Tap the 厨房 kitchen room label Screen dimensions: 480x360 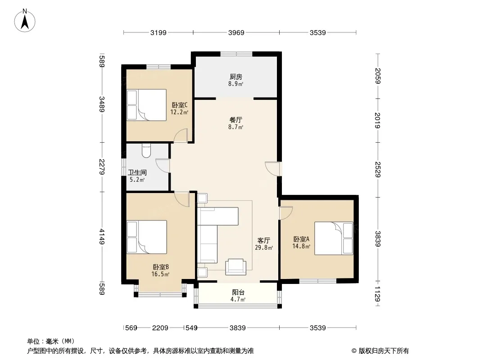point(235,77)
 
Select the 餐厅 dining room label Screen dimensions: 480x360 point(235,120)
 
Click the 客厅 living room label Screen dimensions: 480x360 point(263,241)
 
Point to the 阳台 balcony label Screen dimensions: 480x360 point(238,292)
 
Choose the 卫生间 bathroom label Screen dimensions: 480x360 point(137,172)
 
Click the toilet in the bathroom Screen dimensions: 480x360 point(146,150)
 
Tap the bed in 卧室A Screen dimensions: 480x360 point(334,238)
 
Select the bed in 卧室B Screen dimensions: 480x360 point(147,237)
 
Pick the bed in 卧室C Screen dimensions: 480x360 point(147,105)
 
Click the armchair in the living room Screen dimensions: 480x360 point(235,267)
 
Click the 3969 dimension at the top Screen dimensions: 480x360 point(236,32)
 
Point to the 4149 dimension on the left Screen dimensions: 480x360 point(102,237)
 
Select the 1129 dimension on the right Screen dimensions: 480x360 point(378,294)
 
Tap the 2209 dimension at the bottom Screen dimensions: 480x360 point(160,328)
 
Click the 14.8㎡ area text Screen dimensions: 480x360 point(301,246)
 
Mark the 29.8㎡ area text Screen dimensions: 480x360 point(264,247)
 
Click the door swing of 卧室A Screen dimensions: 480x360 point(286,213)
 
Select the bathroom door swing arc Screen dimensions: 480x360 point(162,166)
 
